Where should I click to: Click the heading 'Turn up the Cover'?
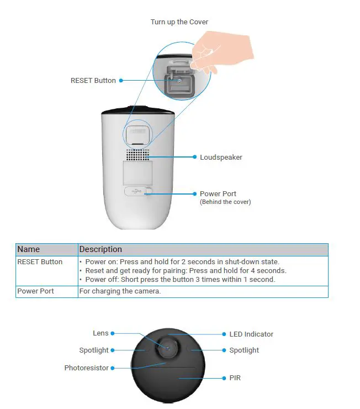(179, 22)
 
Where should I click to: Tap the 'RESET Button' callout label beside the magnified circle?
(93, 81)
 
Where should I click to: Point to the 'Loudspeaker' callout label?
(221, 158)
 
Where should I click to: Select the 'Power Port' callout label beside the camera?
(218, 194)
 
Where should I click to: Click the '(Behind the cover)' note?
(225, 202)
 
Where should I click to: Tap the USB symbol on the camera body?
(136, 191)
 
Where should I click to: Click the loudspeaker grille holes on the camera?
(137, 155)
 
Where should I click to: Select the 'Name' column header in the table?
(29, 249)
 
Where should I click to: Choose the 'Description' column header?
(100, 249)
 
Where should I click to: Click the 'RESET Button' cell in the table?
(40, 262)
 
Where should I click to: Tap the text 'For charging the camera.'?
(120, 291)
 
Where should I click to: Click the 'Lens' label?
(100, 333)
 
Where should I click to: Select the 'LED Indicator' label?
(251, 334)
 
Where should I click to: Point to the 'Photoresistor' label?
(86, 368)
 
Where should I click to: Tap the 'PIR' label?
(235, 379)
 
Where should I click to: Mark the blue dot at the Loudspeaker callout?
(194, 158)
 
